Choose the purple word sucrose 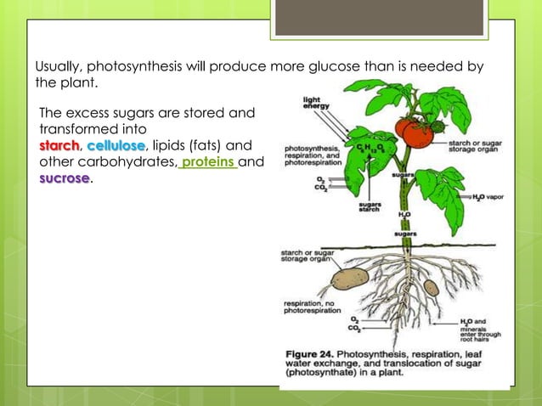coord(64,179)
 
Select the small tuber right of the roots coord(432,286)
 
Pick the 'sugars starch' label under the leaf coord(370,206)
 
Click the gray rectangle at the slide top coord(380,18)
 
